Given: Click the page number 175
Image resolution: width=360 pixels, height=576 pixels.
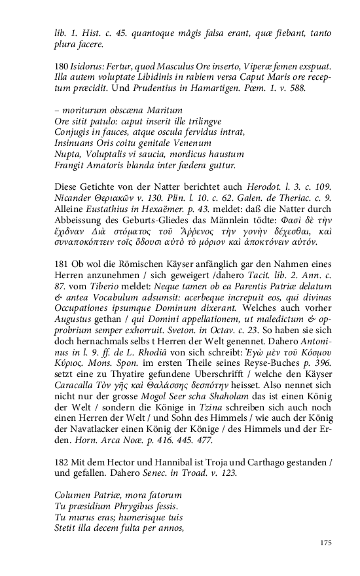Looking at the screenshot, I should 327,543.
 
